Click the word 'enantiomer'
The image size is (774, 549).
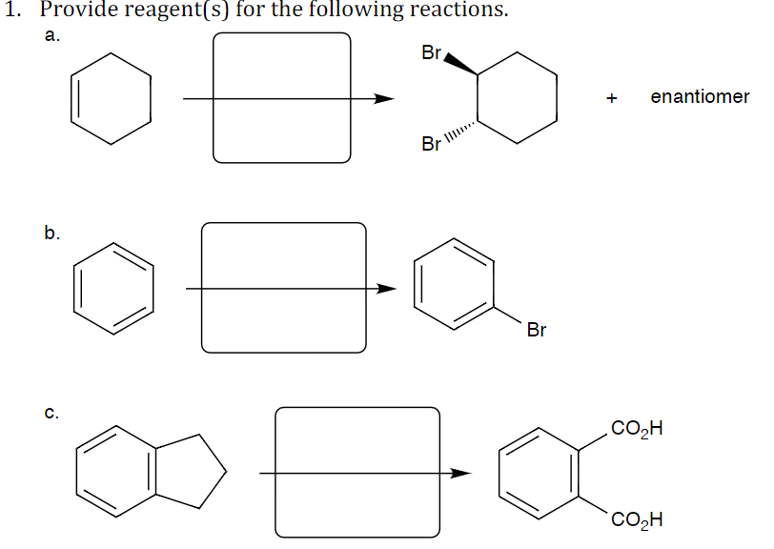[700, 96]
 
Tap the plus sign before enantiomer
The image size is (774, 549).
[612, 97]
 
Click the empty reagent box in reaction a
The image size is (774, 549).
[281, 97]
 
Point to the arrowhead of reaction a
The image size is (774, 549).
[383, 97]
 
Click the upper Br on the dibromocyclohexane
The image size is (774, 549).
[430, 53]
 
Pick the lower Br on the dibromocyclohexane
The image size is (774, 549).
[431, 145]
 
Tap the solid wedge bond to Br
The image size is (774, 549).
[460, 65]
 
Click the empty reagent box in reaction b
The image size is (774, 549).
[283, 288]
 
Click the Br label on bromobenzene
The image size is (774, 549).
[536, 331]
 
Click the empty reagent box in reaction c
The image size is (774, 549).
[357, 473]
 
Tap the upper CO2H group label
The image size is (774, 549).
[637, 428]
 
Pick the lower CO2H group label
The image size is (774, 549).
[637, 520]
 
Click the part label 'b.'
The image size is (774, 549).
[52, 232]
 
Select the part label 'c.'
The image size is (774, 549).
[52, 414]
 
